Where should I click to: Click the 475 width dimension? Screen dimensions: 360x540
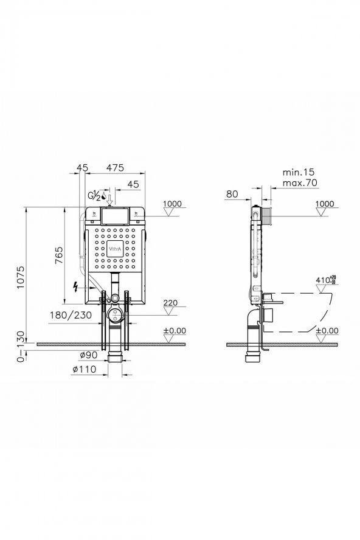point(114,167)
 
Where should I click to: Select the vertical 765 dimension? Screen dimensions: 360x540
point(59,255)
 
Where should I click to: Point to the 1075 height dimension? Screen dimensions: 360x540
point(21,277)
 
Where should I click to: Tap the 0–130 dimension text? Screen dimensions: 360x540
point(21,346)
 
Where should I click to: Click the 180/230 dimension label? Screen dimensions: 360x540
point(71,315)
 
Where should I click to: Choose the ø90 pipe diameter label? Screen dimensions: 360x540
point(89,355)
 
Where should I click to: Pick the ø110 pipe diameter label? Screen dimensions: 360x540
point(85,370)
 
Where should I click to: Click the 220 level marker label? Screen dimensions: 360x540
point(170,303)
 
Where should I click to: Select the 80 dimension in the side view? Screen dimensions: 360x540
point(232,193)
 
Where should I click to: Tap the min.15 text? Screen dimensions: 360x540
point(299,172)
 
